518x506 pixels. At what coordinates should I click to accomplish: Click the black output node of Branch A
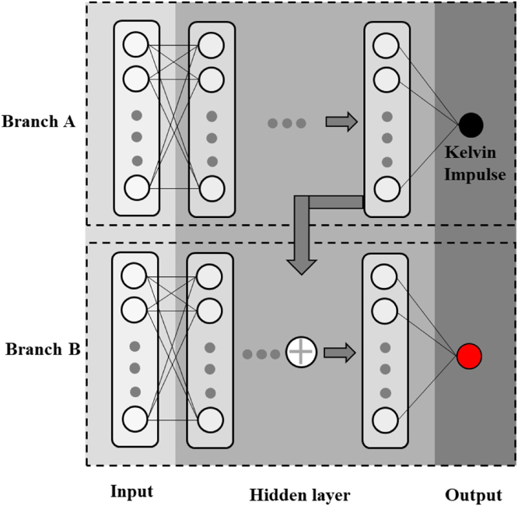pos(471,123)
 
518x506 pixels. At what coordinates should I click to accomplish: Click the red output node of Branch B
pos(471,356)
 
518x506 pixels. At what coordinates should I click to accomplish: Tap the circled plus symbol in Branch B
pos(299,353)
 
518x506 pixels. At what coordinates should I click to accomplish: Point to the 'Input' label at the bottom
pos(131,492)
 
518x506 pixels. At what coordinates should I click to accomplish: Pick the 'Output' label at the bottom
pos(473,494)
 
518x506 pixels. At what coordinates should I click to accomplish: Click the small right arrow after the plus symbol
pos(335,353)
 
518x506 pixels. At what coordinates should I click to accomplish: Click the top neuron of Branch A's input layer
pos(135,45)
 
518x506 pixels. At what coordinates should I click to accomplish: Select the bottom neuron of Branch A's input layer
pos(135,188)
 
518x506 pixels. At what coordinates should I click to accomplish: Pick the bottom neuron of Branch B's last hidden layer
pos(384,419)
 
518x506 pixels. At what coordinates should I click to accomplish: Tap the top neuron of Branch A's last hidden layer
pos(385,45)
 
